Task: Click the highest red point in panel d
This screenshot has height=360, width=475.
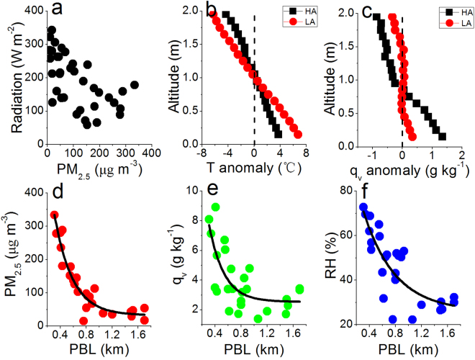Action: point(54,215)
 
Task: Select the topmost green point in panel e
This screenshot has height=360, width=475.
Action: point(215,207)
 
